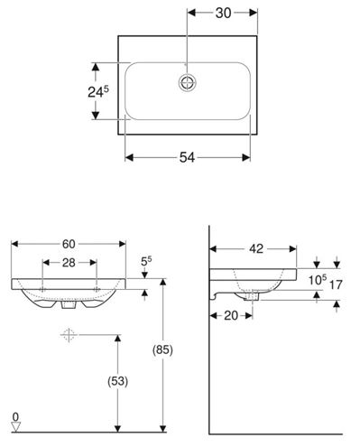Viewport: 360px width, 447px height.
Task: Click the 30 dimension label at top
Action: click(x=223, y=13)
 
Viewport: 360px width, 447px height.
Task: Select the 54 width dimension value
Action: click(x=187, y=157)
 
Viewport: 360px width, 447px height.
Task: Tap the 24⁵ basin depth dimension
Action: click(x=98, y=91)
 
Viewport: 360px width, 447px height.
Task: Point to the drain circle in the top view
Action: click(x=187, y=82)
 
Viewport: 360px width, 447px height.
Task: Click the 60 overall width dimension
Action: click(x=69, y=244)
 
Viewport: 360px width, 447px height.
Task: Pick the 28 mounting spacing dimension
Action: click(x=69, y=263)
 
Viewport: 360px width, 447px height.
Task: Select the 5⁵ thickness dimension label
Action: click(x=146, y=261)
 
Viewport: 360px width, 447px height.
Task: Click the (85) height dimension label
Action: click(x=162, y=349)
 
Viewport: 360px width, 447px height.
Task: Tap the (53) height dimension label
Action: click(x=118, y=381)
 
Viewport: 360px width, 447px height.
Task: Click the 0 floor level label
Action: click(x=15, y=417)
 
